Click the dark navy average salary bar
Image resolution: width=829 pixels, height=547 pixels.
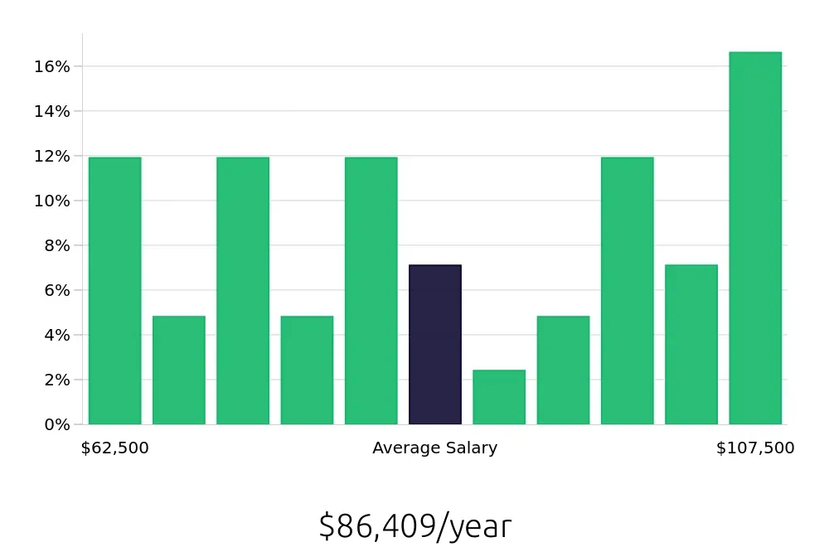point(435,345)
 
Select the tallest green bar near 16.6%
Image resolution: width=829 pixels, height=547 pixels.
point(755,239)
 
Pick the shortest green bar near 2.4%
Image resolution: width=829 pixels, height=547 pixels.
point(499,397)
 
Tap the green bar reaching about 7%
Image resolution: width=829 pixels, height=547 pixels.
point(691,345)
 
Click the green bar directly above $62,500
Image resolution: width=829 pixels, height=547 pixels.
point(115,291)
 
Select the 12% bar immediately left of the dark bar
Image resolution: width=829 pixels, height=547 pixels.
point(371,291)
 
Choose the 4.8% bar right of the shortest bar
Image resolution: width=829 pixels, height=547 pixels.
point(563,370)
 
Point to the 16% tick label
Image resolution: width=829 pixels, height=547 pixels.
point(51,66)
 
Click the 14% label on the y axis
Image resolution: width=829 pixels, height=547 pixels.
point(51,111)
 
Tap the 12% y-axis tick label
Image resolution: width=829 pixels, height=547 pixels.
point(51,156)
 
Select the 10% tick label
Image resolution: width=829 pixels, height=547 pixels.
point(51,201)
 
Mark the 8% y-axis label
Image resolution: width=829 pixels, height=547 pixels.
point(56,245)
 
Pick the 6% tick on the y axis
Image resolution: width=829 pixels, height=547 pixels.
point(56,290)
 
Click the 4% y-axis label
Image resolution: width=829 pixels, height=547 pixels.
point(56,335)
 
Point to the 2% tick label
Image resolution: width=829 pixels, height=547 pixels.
point(56,380)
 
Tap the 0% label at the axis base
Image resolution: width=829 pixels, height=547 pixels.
point(56,424)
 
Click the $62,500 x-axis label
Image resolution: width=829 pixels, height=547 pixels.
point(115,448)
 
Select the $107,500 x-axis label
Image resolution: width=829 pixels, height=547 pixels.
point(755,448)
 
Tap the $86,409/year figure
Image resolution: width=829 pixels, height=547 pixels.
point(415,526)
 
